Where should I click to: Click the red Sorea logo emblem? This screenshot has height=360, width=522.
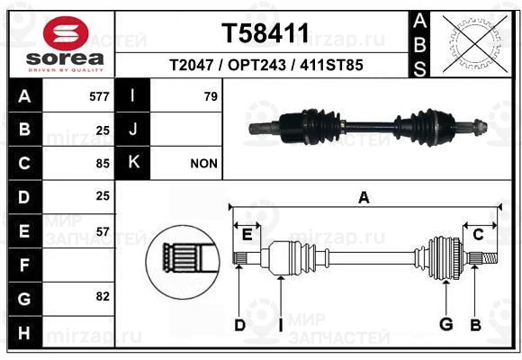(x=66, y=33)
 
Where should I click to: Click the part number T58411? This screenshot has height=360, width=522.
(x=265, y=33)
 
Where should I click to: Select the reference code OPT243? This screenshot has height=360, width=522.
(x=256, y=65)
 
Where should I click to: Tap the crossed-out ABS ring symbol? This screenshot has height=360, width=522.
(x=476, y=43)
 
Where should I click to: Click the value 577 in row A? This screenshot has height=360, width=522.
(x=99, y=96)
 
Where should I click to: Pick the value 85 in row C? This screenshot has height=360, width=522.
(x=103, y=164)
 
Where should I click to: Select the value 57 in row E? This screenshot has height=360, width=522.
(x=103, y=231)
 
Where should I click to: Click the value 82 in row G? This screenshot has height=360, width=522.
(x=103, y=296)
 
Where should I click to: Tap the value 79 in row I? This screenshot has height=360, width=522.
(x=211, y=96)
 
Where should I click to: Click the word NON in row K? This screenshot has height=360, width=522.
(x=203, y=164)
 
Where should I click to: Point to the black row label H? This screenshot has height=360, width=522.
(x=25, y=333)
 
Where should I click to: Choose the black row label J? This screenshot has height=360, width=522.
(x=132, y=129)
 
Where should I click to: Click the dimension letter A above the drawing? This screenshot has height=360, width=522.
(x=364, y=197)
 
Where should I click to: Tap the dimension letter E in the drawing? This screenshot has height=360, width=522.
(x=247, y=235)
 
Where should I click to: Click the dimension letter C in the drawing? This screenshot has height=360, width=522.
(x=478, y=235)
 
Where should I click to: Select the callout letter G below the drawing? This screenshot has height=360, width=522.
(x=446, y=324)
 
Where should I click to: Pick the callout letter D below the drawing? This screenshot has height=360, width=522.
(x=239, y=325)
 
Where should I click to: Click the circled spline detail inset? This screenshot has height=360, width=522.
(x=183, y=262)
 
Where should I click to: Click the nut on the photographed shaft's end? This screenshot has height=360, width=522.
(x=480, y=127)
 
